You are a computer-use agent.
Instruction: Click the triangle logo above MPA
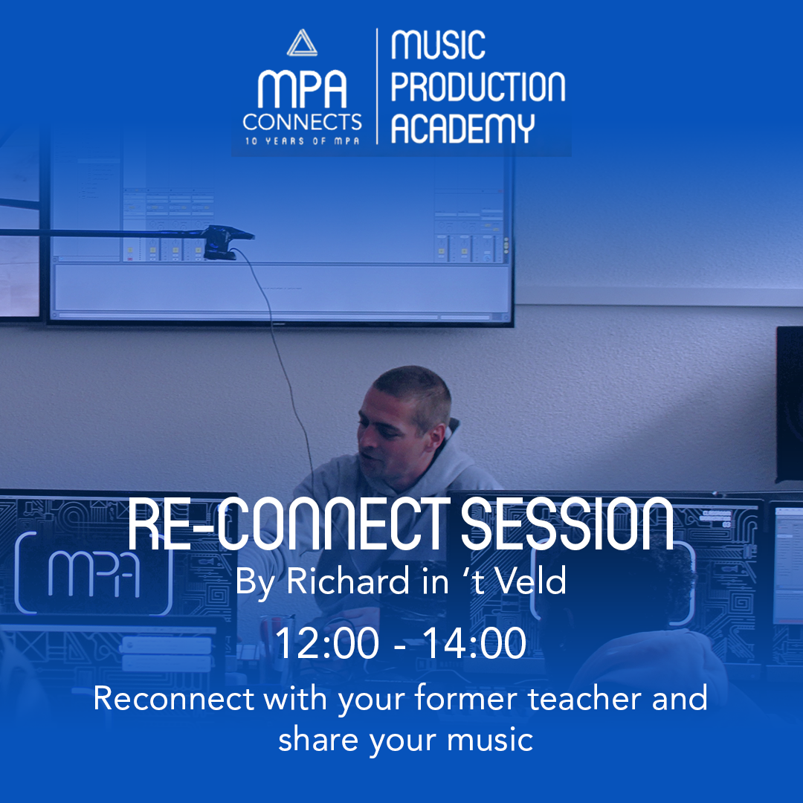coord(302,43)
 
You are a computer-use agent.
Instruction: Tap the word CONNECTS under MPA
coord(302,122)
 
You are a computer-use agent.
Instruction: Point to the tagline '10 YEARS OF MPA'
coord(302,141)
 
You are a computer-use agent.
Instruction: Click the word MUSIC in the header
coord(438,45)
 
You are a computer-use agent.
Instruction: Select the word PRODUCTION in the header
coord(478,86)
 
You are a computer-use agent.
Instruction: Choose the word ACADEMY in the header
coord(462,128)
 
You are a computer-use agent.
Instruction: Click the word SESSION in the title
coord(567,524)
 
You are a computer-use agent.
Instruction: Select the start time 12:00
coord(327,643)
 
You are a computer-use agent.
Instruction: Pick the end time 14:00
coord(474,643)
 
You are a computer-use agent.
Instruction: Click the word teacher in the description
coord(584,698)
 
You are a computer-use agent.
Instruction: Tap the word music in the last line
coord(490,740)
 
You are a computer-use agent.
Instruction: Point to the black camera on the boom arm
coord(225,242)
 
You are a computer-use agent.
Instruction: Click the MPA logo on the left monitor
coord(94,573)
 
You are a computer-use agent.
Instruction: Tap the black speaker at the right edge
coord(789,404)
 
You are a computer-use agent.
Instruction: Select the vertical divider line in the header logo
coord(378,86)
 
